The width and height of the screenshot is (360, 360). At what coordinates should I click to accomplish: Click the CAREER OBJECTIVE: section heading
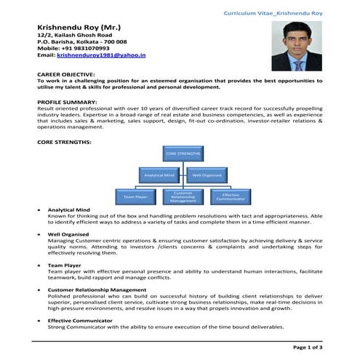(x=65, y=75)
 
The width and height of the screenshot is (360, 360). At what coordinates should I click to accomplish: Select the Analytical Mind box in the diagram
(x=159, y=175)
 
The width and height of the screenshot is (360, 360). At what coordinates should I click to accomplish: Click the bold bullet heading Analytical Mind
(x=70, y=210)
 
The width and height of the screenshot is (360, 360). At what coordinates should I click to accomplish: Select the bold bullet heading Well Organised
(x=69, y=234)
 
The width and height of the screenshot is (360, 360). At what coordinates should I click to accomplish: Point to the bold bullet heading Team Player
(x=65, y=265)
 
